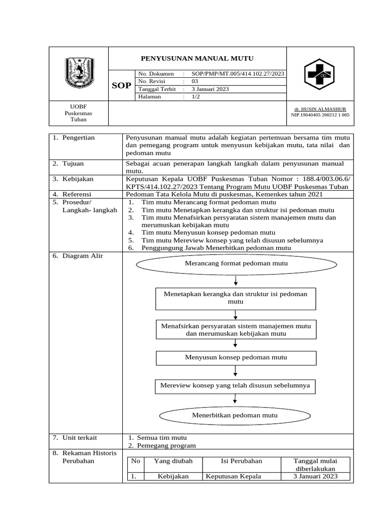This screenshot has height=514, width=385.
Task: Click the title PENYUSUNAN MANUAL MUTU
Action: coord(197,59)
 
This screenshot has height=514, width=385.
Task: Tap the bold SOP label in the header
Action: coord(121,85)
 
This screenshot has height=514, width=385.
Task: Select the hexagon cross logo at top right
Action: coord(320,74)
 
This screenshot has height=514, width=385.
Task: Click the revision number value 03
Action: coord(196,81)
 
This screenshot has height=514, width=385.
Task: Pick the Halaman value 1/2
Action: coord(196,97)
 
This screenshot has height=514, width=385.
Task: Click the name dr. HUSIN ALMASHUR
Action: coord(320,109)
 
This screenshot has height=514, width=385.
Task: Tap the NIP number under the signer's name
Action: coord(320,115)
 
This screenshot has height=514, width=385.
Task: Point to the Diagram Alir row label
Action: coord(82,256)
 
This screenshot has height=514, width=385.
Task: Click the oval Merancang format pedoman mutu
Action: coord(236,263)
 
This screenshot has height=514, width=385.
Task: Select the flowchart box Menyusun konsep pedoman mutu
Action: coord(236,357)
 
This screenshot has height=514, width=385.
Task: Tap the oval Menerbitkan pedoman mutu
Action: coord(235,415)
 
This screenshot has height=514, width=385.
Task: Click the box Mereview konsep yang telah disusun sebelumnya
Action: coord(235,386)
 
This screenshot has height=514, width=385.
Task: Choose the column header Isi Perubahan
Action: coord(241,461)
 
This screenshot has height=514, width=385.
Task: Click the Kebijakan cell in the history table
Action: coord(173,476)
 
